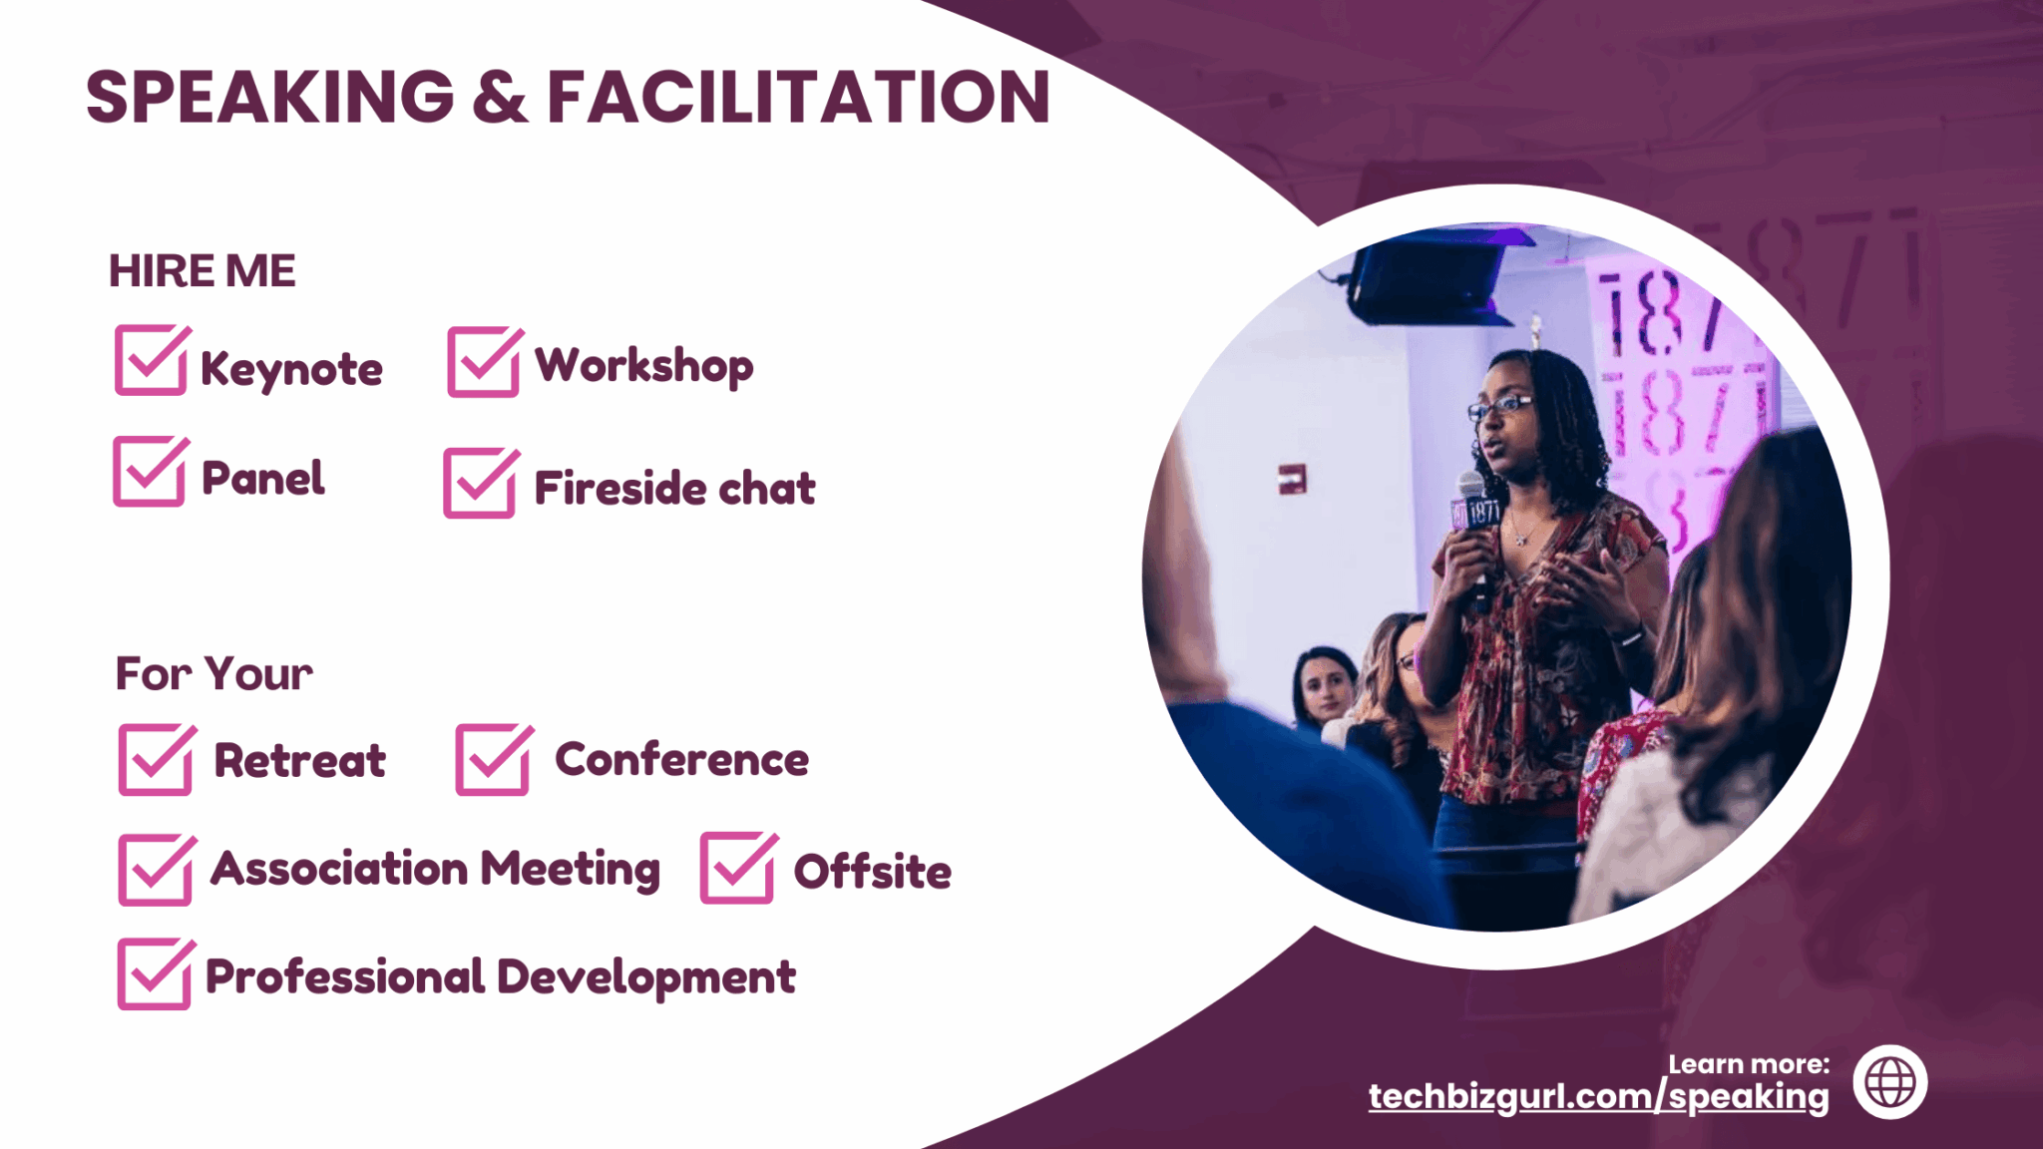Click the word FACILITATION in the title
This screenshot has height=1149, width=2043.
(798, 97)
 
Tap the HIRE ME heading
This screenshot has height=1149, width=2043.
(203, 271)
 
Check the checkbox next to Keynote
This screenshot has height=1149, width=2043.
(152, 359)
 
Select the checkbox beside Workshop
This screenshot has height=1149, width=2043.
(485, 361)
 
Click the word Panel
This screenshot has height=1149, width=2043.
(263, 478)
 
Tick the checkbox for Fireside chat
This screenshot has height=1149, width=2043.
(481, 483)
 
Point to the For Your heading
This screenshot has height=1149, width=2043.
(213, 674)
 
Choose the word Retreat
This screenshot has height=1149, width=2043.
(300, 761)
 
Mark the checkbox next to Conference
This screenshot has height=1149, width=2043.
(494, 759)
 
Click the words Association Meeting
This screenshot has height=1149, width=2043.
(435, 869)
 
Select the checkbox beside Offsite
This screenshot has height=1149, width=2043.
(738, 868)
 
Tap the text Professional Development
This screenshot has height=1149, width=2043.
(500, 976)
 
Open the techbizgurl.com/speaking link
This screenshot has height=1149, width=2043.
(1598, 1096)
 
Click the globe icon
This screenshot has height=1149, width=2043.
(1890, 1082)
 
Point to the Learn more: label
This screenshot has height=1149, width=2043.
(1749, 1064)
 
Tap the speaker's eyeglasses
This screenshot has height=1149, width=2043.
(1499, 406)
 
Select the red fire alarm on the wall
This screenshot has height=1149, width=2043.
(1292, 480)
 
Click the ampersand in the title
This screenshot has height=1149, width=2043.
(500, 97)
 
